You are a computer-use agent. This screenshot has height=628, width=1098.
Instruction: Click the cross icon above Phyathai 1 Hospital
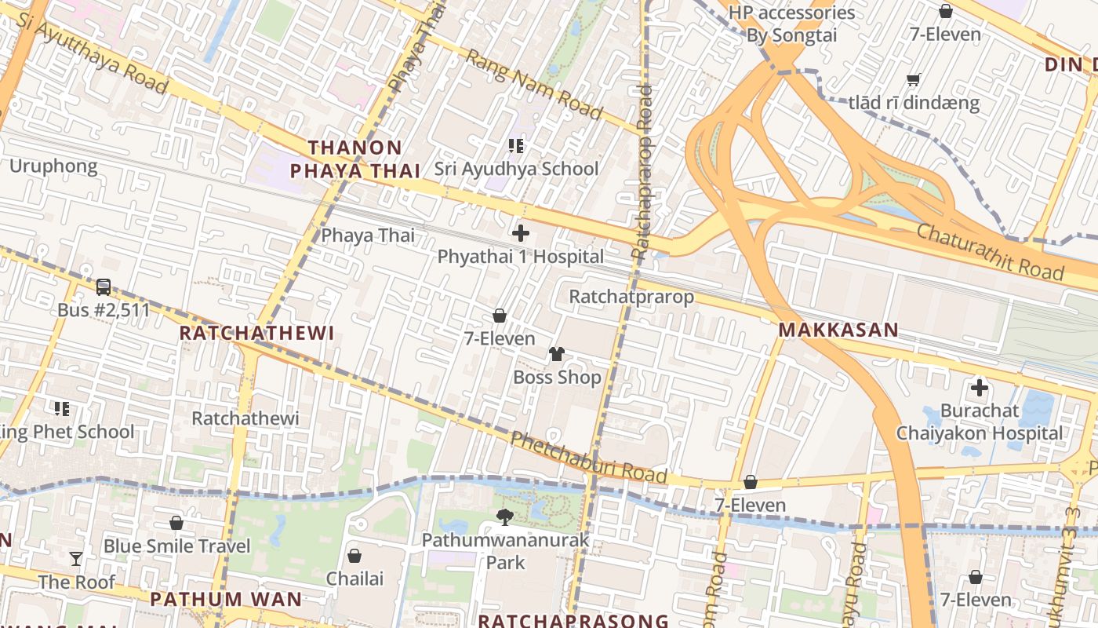[520, 233]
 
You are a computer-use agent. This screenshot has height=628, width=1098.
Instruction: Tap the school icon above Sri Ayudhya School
[515, 145]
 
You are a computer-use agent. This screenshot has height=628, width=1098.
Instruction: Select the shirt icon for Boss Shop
[557, 354]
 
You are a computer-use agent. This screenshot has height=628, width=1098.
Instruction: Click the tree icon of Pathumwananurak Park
[505, 517]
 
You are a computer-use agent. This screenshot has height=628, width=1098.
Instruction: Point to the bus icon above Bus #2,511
[104, 287]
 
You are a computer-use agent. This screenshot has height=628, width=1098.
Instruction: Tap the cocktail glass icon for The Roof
[76, 559]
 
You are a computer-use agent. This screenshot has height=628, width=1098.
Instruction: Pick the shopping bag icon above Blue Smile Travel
[176, 523]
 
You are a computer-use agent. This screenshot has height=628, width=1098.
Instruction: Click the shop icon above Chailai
[354, 556]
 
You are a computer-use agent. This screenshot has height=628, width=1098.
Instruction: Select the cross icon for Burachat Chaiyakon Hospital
[979, 388]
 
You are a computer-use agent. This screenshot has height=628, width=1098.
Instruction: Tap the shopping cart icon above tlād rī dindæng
[914, 79]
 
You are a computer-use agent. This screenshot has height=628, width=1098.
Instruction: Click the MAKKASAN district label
[838, 330]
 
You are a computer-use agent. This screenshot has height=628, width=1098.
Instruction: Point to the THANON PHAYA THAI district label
[355, 159]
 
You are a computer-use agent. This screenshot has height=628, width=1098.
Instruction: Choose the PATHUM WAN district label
[226, 599]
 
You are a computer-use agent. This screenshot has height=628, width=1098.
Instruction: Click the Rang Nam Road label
[533, 85]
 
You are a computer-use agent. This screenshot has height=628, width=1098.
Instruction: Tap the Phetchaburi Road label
[588, 458]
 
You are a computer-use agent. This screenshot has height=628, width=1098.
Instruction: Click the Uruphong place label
[53, 166]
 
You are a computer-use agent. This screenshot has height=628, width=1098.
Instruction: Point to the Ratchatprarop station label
[631, 297]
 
